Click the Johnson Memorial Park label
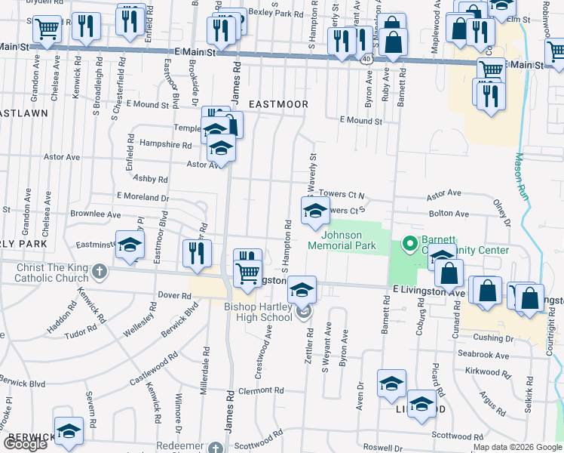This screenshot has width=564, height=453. [x=342, y=240]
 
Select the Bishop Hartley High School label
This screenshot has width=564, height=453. [x=257, y=312]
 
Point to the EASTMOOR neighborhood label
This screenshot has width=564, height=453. [x=278, y=103]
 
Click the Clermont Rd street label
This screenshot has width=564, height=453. [x=260, y=390]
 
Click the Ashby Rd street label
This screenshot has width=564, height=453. [x=149, y=179]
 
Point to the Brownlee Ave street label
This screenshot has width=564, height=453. [x=96, y=214]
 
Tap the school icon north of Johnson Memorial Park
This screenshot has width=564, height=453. [x=315, y=211]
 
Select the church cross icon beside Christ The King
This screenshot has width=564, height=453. [x=99, y=270]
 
